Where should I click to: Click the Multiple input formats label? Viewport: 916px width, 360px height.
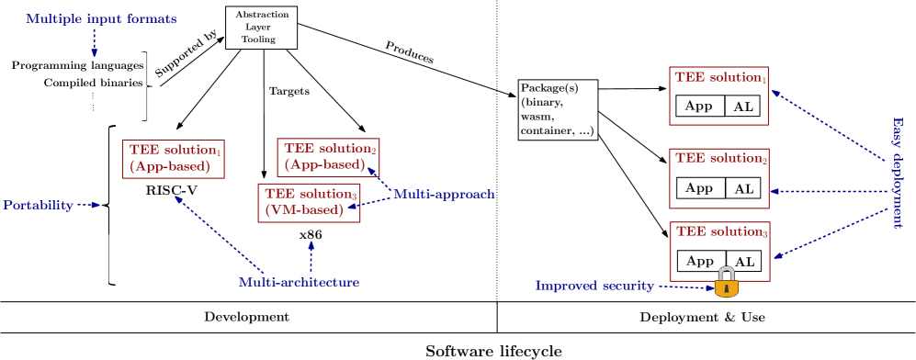(101, 18)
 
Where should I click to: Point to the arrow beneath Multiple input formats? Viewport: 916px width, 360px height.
(94, 43)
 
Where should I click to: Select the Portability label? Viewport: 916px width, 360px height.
(38, 205)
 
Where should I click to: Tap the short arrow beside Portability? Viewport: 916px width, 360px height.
(88, 205)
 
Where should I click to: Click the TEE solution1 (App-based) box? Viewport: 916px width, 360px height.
(174, 159)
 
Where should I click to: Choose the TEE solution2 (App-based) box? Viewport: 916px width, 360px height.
(328, 157)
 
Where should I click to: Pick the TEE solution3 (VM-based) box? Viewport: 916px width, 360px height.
(309, 202)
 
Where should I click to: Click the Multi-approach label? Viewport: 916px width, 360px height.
(444, 195)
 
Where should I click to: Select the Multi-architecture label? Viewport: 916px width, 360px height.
(299, 283)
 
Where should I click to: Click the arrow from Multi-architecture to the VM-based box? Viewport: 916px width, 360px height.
(311, 256)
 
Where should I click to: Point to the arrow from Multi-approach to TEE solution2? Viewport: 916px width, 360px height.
(379, 178)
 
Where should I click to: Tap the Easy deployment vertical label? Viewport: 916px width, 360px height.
(898, 173)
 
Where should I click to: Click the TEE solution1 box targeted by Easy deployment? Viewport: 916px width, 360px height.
(718, 96)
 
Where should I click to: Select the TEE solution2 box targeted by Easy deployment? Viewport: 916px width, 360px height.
(719, 178)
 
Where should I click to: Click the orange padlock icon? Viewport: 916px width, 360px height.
(727, 283)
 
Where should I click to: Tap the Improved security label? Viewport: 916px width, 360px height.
(594, 287)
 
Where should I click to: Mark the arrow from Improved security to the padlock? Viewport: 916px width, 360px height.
(685, 287)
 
